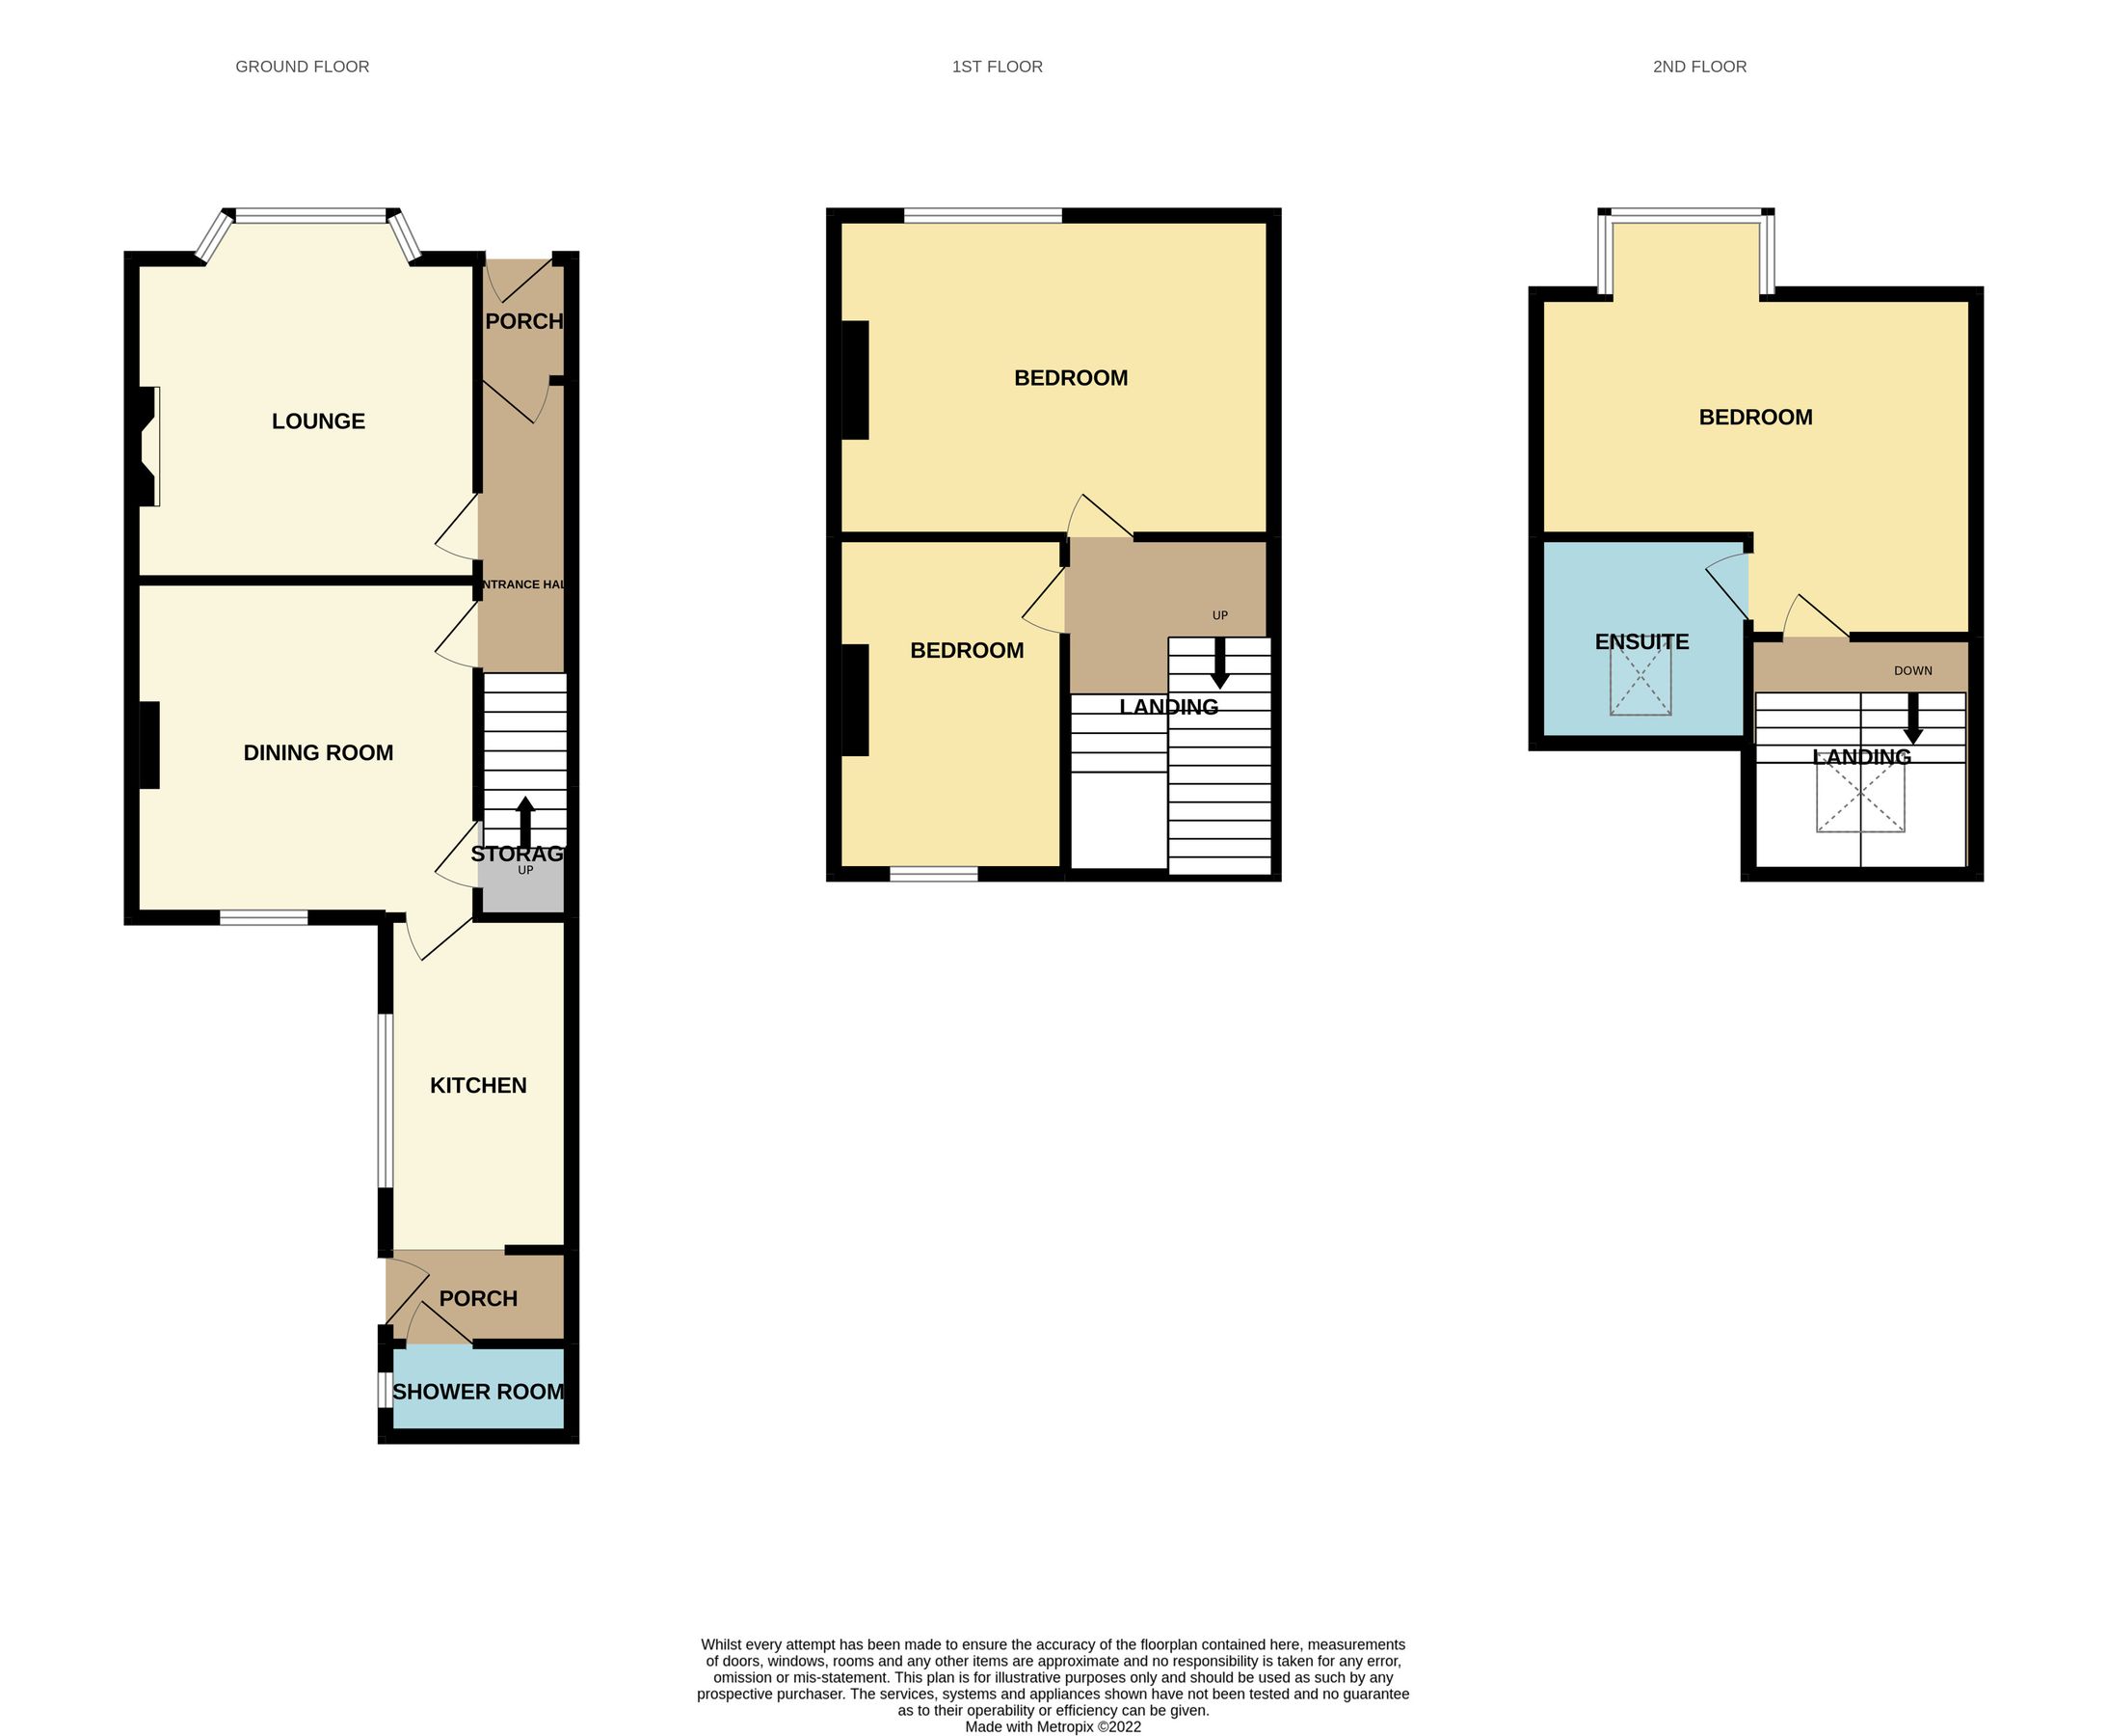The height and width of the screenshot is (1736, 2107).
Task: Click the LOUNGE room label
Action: point(318,421)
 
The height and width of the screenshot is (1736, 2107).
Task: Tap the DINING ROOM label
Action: point(318,753)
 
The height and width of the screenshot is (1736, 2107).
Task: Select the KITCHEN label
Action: point(478,1085)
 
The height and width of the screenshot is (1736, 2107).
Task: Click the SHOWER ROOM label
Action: point(478,1391)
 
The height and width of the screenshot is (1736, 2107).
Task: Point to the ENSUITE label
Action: point(1641,642)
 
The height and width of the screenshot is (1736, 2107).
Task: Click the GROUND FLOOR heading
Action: point(302,67)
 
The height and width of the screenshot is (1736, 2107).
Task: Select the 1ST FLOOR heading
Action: point(997,67)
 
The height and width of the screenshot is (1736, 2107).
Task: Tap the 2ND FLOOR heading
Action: point(1699,67)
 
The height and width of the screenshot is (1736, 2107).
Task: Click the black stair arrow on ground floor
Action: point(524,820)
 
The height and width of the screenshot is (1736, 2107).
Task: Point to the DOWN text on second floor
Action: point(1912,671)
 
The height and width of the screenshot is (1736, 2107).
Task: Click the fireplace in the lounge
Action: point(147,446)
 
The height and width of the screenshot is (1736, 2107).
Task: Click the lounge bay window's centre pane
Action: point(309,214)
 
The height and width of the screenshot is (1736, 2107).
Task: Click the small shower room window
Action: point(384,1390)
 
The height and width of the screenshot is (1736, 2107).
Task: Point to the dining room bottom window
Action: point(264,917)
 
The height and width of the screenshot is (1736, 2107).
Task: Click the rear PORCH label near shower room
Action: point(478,1298)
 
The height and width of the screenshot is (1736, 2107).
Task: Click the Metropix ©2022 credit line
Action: point(1053,1726)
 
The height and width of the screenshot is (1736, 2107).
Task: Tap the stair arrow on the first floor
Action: point(1219,662)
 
